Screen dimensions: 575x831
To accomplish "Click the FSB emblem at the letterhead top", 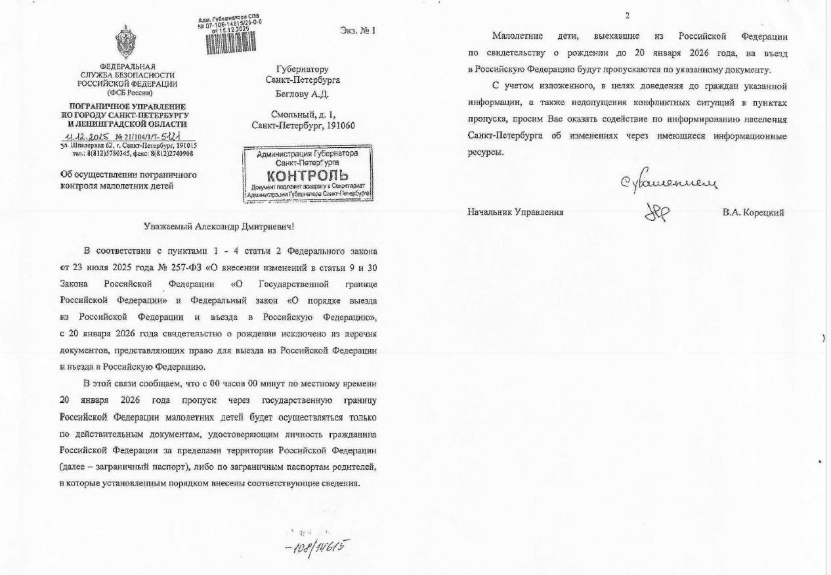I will [126, 42].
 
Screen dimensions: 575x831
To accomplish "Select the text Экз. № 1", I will [358, 30].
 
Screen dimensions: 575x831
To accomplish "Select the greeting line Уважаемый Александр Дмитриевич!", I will [219, 226].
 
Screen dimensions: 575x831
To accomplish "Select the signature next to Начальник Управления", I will [656, 211].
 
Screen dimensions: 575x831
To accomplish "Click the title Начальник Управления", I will [515, 212].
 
